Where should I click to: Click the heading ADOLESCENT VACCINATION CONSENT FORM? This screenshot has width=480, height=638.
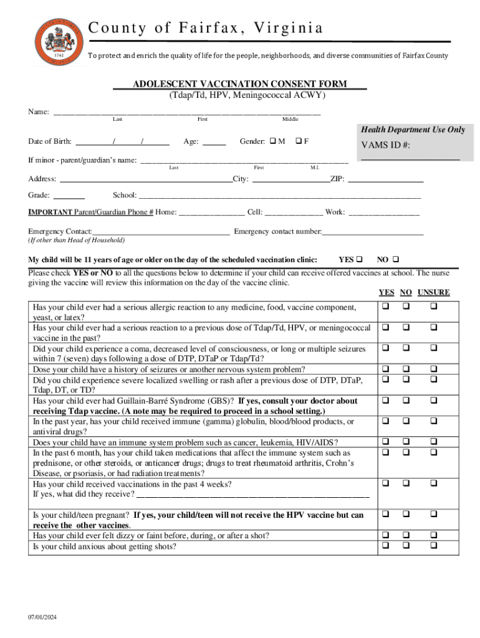239,84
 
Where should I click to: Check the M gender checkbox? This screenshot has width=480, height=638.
273,141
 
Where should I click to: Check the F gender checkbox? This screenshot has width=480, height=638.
299,141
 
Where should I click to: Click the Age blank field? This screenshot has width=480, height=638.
214,142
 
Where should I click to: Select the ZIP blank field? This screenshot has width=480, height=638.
385,179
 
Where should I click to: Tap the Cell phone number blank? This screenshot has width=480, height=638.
294,212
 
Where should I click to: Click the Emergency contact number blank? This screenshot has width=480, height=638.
373,232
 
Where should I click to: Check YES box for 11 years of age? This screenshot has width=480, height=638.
359,259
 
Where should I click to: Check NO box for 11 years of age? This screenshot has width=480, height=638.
396,259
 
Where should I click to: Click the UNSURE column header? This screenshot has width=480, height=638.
433,292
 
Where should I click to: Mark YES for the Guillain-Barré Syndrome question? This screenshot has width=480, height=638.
386,401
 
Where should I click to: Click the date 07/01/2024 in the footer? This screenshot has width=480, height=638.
42,617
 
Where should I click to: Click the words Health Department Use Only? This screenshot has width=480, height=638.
412,130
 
